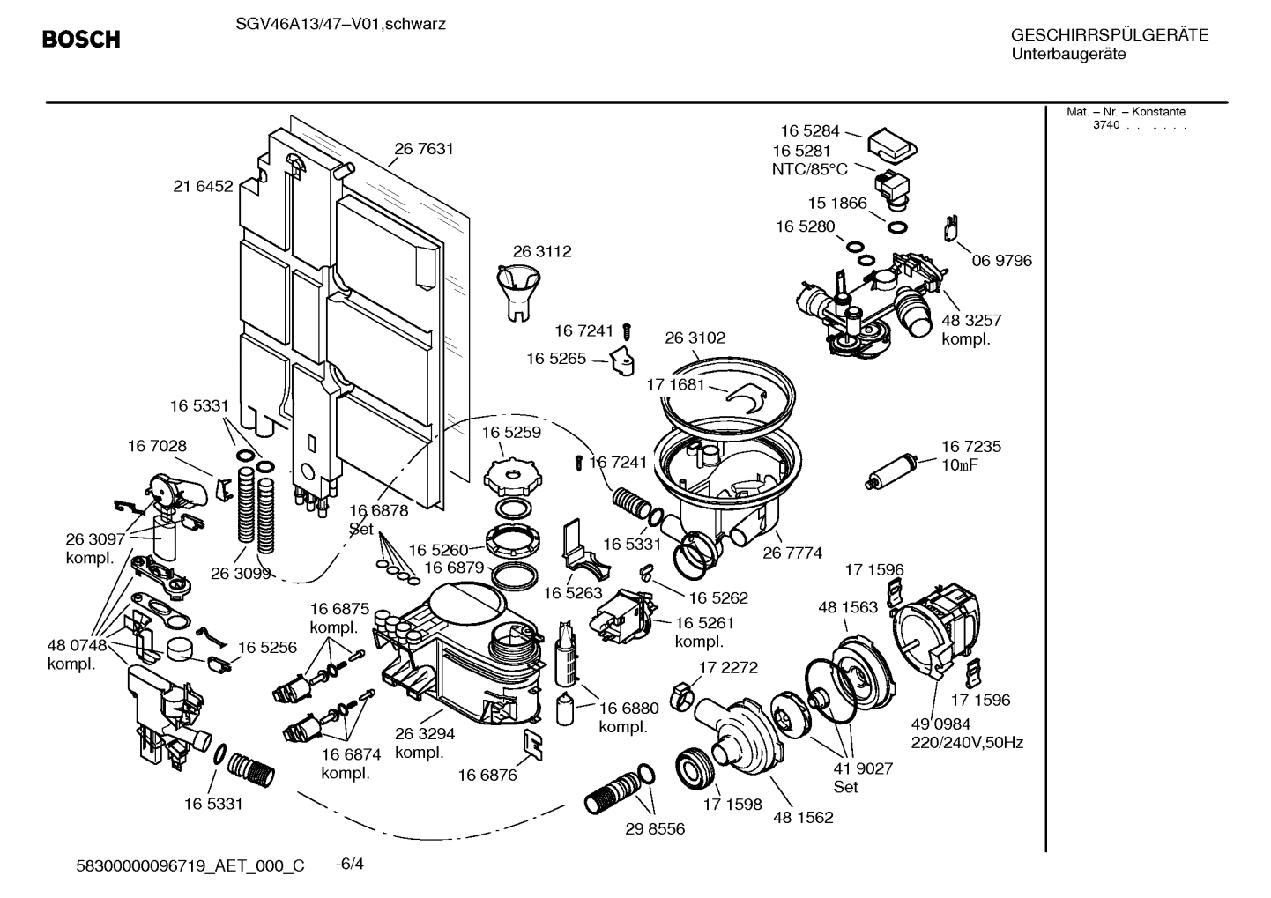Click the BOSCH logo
[81, 40]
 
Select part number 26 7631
[424, 149]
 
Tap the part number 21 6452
[203, 186]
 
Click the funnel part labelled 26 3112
[516, 292]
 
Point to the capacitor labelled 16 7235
[891, 471]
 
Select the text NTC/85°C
[809, 169]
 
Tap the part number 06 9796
[1001, 261]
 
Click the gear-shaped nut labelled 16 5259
[510, 475]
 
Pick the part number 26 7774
[792, 553]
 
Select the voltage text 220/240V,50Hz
[967, 743]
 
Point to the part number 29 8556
[655, 829]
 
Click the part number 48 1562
[803, 817]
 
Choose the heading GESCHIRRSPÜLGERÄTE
[1109, 35]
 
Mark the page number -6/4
[350, 864]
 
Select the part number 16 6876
[487, 776]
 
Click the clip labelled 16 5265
[624, 360]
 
